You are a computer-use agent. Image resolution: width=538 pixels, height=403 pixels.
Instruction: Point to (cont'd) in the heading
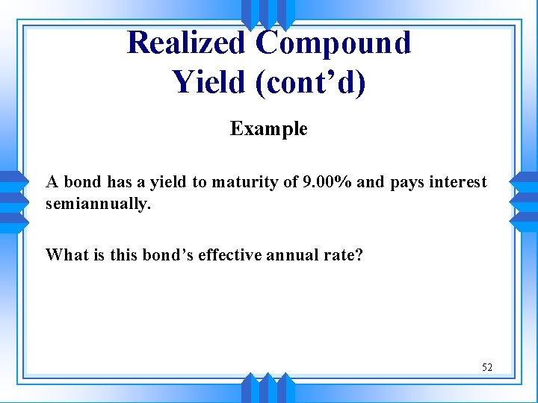coord(311,81)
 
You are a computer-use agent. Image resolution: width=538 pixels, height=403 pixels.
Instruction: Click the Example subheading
coord(268,129)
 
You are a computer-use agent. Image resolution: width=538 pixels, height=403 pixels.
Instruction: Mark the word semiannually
coord(98,203)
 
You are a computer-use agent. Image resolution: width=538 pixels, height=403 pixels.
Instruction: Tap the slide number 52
coord(487,367)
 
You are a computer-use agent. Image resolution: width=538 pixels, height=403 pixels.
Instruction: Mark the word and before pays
coord(371,182)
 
